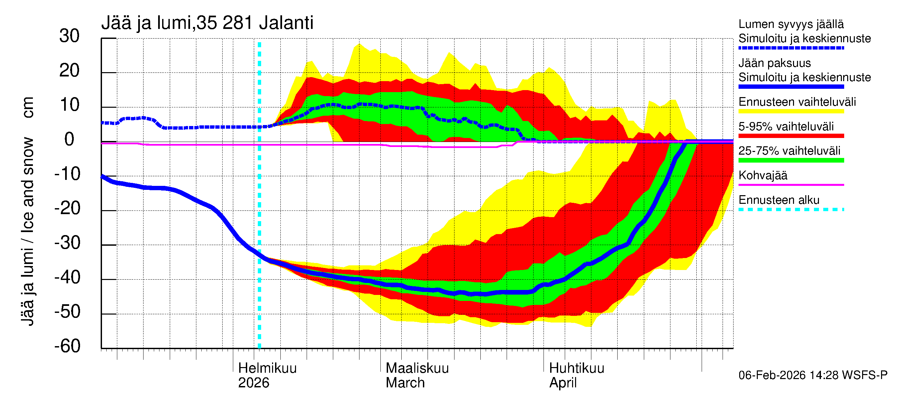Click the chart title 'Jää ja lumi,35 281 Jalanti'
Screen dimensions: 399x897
coord(207,23)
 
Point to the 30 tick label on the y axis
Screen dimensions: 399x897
coord(69,36)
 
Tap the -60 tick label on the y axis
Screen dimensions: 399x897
coord(67,346)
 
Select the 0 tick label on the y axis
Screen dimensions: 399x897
coord(69,140)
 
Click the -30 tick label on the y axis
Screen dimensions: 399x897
coord(67,243)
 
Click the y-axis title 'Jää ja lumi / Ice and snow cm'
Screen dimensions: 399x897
coord(28,211)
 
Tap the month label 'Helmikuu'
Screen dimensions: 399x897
coord(267,368)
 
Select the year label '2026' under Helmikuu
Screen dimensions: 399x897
coord(253,383)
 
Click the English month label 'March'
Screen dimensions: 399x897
coord(405,383)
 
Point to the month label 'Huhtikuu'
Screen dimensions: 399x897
coord(576,368)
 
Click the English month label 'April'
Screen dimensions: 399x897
coord(563,383)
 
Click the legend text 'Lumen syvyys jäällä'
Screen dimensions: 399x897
coord(791,24)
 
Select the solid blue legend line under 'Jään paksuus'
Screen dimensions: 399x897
coord(791,86)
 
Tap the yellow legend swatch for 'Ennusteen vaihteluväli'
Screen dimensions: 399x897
coord(791,111)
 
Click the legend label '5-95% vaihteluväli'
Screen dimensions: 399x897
coord(786,126)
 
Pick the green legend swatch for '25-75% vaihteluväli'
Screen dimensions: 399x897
coord(791,160)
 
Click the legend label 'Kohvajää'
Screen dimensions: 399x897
coord(762,175)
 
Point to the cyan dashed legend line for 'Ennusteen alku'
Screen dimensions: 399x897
coord(791,209)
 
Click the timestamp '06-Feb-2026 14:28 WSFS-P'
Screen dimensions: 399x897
coord(813,375)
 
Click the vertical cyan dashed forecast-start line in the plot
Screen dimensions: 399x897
coord(259,209)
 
